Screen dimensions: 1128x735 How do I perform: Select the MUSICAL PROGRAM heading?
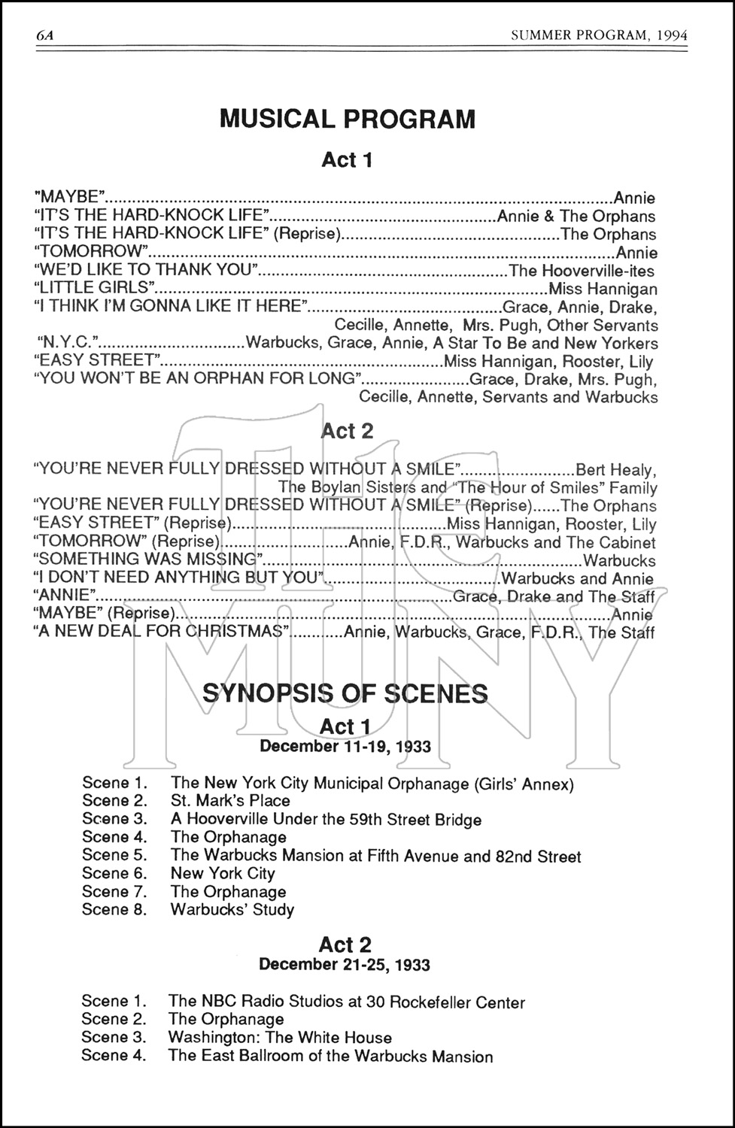347,119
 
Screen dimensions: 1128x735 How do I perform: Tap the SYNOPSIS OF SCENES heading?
345,693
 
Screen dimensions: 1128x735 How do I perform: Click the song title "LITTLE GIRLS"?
95,287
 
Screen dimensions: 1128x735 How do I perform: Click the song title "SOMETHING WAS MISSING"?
148,559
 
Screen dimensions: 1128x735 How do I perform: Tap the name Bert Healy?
615,470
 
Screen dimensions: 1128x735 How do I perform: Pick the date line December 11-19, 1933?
345,746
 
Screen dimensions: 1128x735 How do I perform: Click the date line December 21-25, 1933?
345,964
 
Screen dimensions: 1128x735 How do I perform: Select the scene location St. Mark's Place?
230,801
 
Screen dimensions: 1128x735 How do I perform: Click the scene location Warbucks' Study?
232,909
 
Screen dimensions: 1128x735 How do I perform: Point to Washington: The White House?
280,1038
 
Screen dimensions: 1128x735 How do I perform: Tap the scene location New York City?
223,873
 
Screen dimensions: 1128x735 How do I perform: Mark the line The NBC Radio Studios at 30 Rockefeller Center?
347,1002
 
